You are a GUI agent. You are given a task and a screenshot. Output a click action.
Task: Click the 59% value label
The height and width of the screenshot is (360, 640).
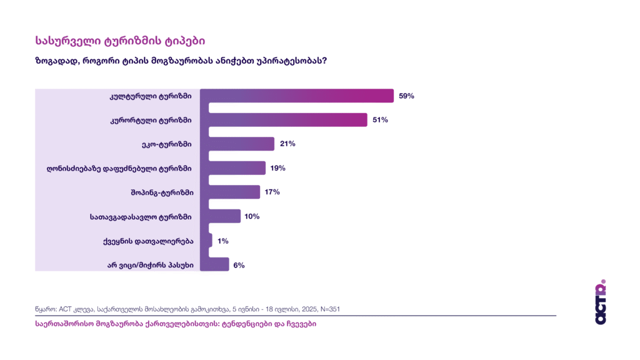[407, 96]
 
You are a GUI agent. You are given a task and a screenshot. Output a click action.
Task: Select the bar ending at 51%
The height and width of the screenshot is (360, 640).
[287, 120]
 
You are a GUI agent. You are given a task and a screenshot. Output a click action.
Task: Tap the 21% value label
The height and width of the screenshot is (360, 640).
[287, 144]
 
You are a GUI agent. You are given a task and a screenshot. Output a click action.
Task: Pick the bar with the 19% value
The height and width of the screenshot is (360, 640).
[237, 168]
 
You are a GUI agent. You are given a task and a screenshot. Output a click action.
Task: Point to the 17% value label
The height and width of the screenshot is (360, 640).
[272, 192]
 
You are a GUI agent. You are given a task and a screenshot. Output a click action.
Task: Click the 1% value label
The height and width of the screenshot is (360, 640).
[223, 241]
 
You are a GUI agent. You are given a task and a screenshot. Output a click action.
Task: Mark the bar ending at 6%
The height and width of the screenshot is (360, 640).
[218, 265]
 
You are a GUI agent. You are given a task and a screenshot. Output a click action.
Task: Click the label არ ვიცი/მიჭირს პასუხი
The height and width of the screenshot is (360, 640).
[150, 265]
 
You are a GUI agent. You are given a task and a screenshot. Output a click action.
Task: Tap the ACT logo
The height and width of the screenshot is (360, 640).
[601, 302]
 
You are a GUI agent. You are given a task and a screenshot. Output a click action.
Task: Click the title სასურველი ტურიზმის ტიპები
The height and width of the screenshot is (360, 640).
[120, 41]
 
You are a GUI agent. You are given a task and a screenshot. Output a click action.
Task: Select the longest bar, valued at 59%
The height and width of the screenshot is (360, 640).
[300, 96]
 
